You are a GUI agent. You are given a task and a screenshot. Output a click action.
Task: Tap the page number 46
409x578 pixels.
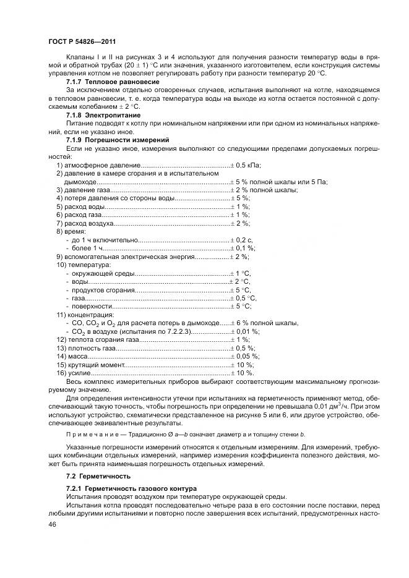pos(53,524)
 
